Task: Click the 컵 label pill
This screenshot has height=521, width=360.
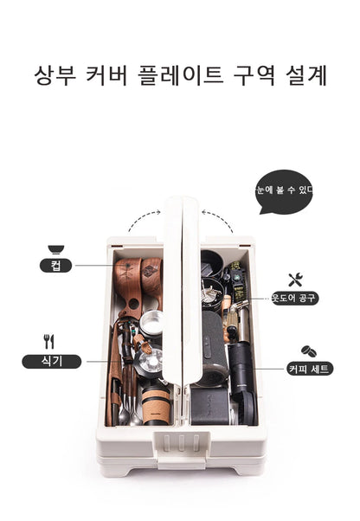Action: tap(55, 266)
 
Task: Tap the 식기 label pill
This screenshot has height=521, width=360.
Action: tap(51, 362)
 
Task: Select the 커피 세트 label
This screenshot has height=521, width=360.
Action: tap(310, 369)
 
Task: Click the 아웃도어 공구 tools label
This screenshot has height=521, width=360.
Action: tap(295, 298)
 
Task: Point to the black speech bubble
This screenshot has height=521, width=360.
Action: tap(284, 192)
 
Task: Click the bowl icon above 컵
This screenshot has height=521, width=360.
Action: tap(55, 249)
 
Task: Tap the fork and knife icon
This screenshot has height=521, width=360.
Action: tap(48, 341)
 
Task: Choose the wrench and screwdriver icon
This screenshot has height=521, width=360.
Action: tap(295, 280)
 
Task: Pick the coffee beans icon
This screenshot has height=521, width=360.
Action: tap(309, 351)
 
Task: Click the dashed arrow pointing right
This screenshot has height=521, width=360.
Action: tap(141, 217)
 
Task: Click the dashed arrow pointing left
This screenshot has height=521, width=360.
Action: tap(220, 218)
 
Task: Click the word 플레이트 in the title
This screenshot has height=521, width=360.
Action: tap(180, 75)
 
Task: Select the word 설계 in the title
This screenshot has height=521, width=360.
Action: tap(306, 75)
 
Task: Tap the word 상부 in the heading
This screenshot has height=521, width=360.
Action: tap(55, 75)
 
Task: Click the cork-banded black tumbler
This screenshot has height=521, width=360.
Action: tap(156, 405)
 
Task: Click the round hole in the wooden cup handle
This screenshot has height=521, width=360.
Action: tap(133, 304)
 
